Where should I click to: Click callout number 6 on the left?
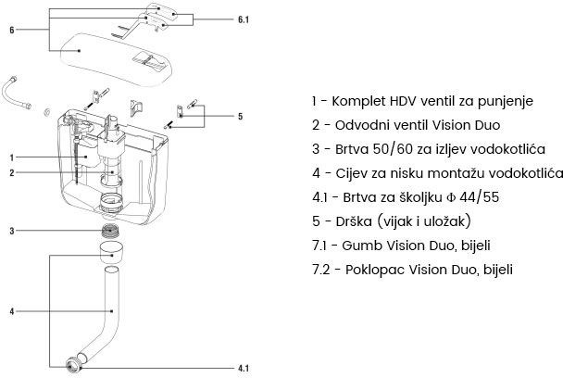[x=10, y=30]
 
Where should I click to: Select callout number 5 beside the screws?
[x=240, y=116]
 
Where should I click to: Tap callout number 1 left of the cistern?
[x=10, y=158]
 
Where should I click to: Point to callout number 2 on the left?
[x=10, y=173]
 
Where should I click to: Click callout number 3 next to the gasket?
[x=10, y=230]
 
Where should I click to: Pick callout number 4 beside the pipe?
[x=10, y=311]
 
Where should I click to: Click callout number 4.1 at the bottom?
[x=243, y=369]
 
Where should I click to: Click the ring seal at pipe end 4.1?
[x=73, y=362]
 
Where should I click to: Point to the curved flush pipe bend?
[x=97, y=334]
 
